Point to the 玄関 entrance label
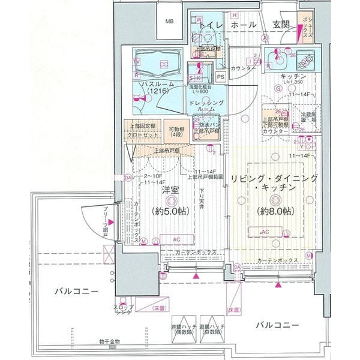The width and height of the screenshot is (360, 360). [281, 25]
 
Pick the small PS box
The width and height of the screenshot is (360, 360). [221, 77]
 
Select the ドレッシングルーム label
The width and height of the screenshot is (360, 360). [207, 109]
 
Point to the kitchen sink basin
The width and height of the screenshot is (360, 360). [279, 60]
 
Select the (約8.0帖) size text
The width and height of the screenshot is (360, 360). [273, 211]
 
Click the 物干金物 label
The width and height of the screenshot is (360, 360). [110, 341]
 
